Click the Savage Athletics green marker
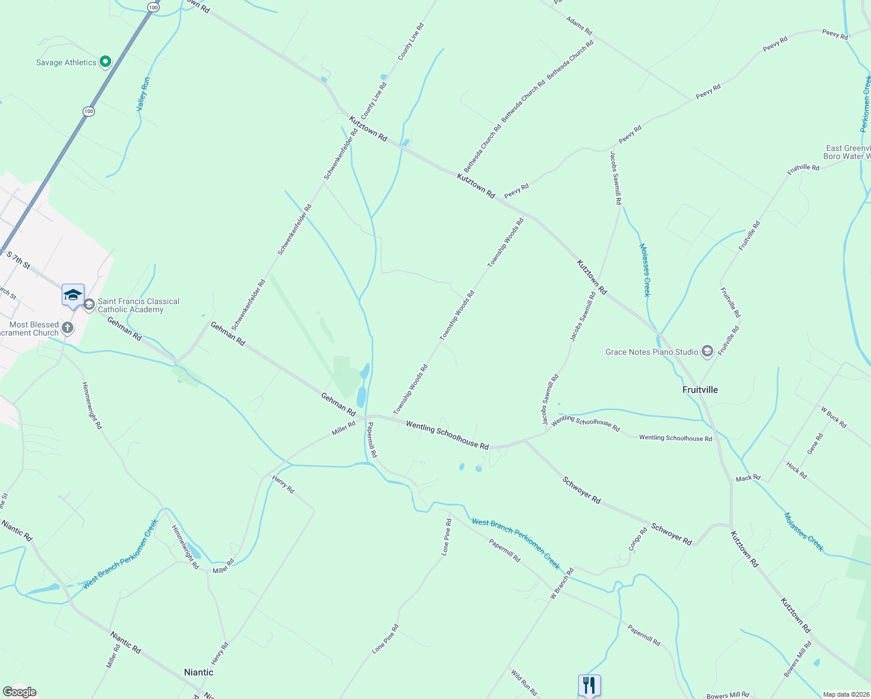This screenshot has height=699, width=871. tap(105, 61)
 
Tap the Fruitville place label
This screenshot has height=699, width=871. tap(700, 390)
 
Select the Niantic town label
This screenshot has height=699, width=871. tap(199, 672)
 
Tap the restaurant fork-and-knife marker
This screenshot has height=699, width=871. tap(589, 684)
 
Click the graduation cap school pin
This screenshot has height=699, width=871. tap(73, 294)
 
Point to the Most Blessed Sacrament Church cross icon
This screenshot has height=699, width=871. tap(68, 328)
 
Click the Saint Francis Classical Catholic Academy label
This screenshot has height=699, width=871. tap(139, 305)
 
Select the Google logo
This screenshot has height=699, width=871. tap(20, 692)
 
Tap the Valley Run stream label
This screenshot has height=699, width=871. tap(143, 94)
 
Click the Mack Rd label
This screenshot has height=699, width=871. tap(748, 478)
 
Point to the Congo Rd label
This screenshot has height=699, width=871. tap(638, 539)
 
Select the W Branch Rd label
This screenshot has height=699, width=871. tap(562, 584)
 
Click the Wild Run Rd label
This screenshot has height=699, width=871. tap(524, 683)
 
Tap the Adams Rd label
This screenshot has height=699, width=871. tap(579, 26)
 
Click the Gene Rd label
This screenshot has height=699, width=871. tap(815, 444)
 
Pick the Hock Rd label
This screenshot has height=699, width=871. tap(796, 470)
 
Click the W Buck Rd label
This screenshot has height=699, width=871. tap(834, 417)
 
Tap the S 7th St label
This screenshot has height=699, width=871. tap(18, 259)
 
